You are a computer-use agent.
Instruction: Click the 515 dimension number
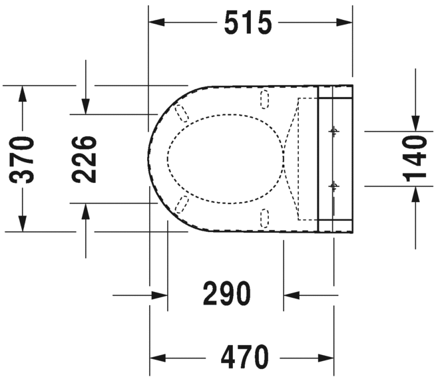pyautogui.click(x=248, y=23)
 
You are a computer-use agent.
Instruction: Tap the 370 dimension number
pyautogui.click(x=22, y=160)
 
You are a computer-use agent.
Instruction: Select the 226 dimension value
pyautogui.click(x=85, y=159)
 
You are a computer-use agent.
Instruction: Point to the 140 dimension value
pyautogui.click(x=415, y=159)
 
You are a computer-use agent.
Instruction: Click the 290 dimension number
pyautogui.click(x=227, y=293)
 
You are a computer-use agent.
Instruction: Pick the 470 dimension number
pyautogui.click(x=245, y=356)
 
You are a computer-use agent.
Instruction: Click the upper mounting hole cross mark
pyautogui.click(x=333, y=131)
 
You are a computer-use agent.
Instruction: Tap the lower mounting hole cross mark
pyautogui.click(x=333, y=186)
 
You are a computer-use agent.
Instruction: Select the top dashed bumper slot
pyautogui.click(x=264, y=99)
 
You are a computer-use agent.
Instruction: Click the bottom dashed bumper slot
pyautogui.click(x=264, y=219)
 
